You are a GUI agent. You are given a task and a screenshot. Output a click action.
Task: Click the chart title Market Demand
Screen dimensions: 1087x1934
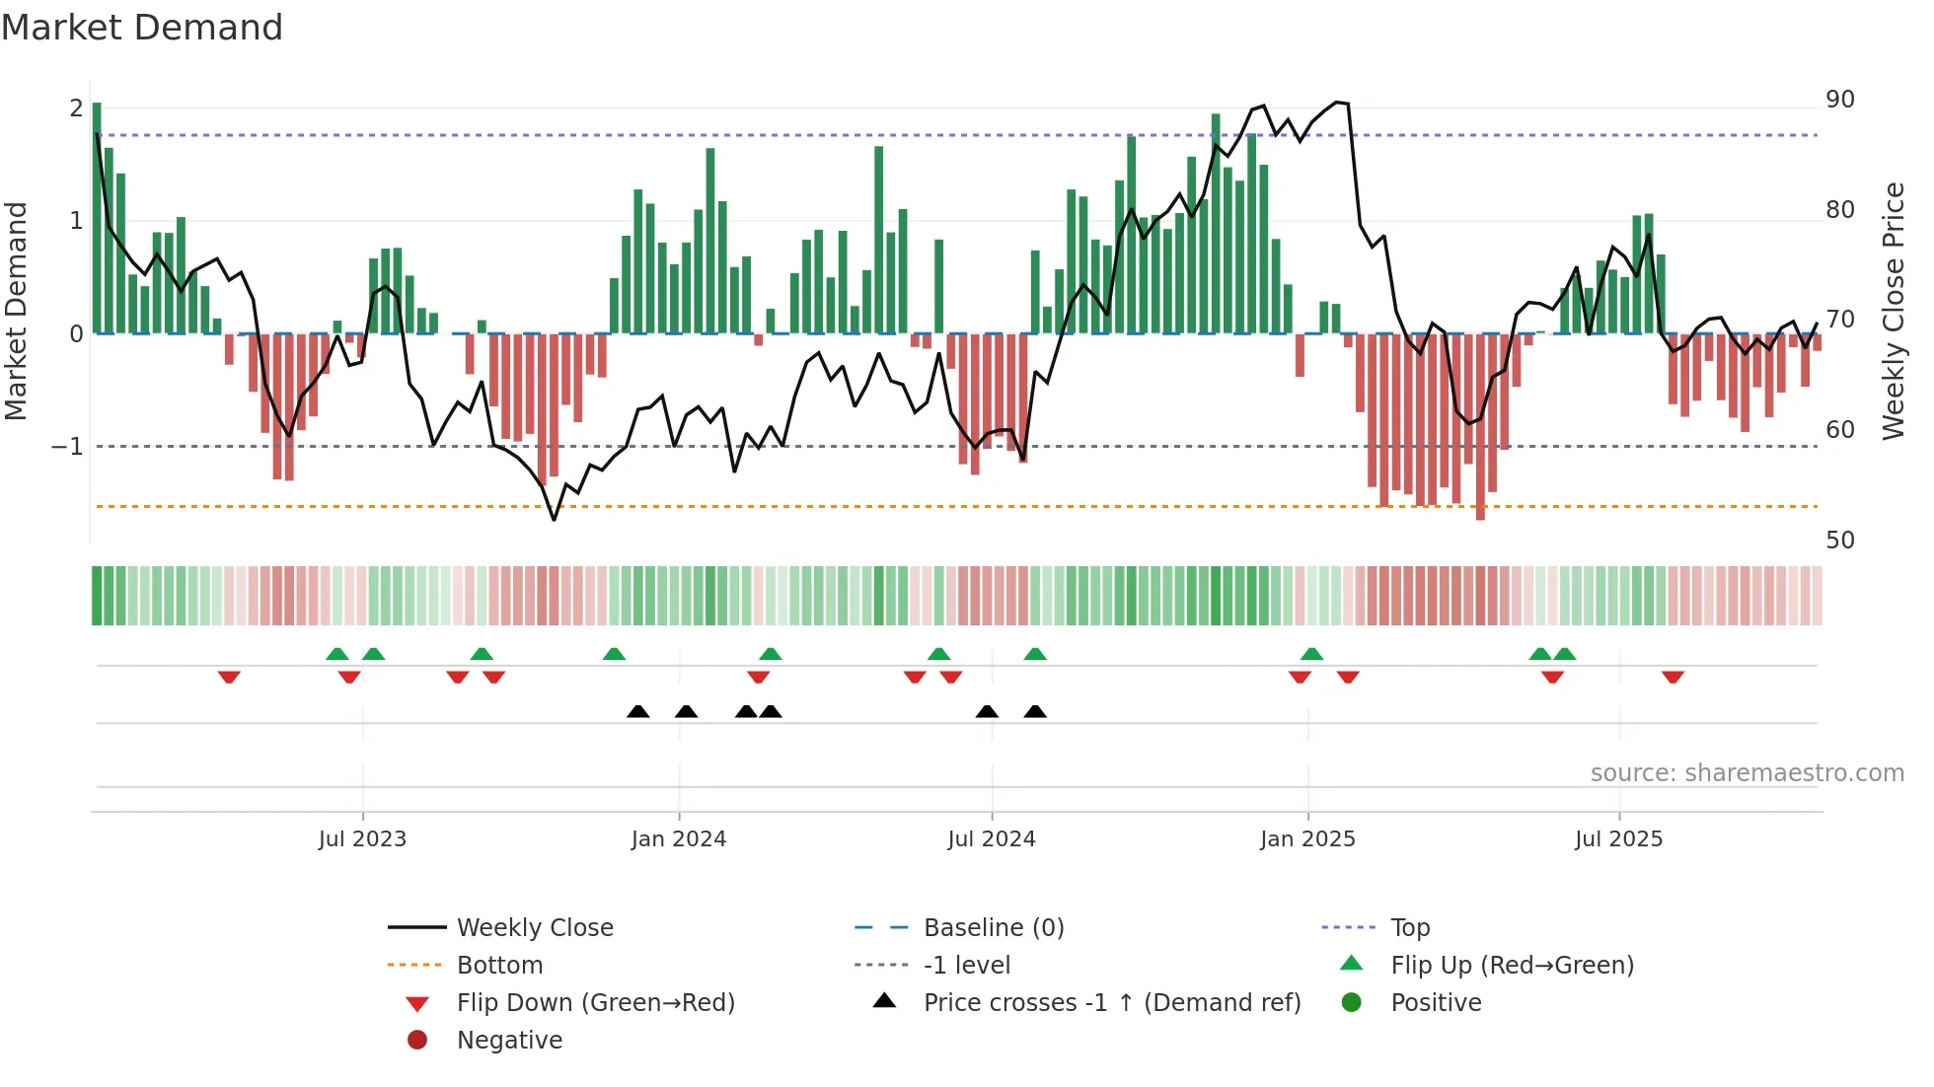pos(142,28)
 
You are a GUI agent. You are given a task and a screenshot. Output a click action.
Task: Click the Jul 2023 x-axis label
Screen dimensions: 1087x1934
pos(362,839)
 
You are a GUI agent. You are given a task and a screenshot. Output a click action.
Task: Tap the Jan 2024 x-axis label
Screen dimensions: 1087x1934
pos(679,839)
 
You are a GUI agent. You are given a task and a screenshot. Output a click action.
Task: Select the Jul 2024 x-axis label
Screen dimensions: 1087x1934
pos(992,839)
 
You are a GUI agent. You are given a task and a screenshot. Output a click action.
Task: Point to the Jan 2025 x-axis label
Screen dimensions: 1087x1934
pos(1307,839)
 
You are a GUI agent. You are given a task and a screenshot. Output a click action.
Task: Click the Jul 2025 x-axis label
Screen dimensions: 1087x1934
pos(1618,839)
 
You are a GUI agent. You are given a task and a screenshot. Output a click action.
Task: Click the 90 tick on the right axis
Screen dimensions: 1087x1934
pos(1839,100)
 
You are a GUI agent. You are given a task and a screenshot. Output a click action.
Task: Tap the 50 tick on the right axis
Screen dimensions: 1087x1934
pos(1839,541)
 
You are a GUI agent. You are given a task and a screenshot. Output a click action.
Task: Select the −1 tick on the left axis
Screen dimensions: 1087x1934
pos(67,447)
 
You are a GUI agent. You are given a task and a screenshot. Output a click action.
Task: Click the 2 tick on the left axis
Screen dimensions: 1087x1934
pos(76,109)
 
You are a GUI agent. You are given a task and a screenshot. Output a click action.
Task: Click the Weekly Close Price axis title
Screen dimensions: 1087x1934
pos(1893,311)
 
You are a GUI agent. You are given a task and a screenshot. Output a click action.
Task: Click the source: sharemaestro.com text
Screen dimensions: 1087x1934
pos(1747,773)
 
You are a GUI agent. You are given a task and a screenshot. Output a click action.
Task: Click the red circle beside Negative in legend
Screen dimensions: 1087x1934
pos(417,1041)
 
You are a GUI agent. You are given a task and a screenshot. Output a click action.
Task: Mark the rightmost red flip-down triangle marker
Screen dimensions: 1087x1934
pos(1673,678)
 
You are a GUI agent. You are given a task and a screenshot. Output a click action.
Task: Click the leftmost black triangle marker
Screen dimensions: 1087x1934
pos(638,711)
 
